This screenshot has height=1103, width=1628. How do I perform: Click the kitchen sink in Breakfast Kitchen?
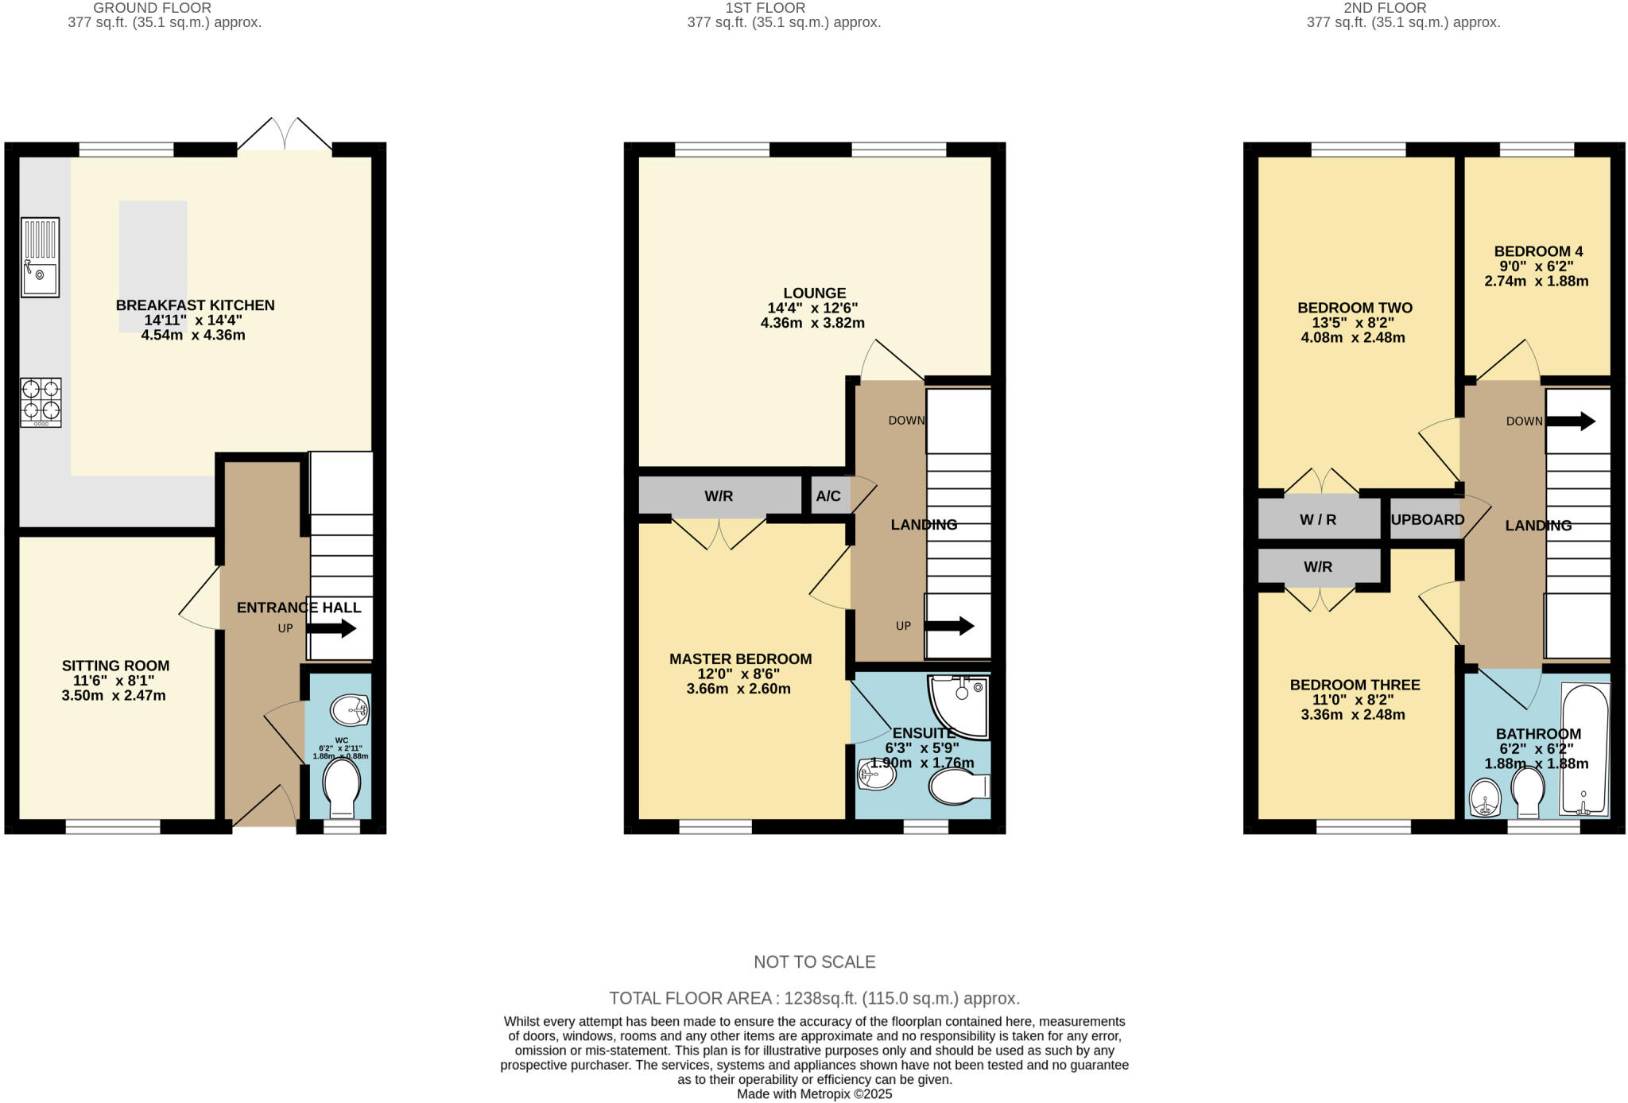(x=40, y=257)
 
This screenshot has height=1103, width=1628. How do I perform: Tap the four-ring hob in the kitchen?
(x=41, y=402)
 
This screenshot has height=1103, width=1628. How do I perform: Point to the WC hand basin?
(x=350, y=709)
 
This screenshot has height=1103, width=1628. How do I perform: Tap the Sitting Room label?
(x=116, y=666)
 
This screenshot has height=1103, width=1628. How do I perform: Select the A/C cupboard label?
(x=828, y=496)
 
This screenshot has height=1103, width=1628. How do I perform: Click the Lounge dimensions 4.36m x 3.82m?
(x=812, y=323)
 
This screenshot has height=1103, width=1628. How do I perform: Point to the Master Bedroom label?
(x=740, y=658)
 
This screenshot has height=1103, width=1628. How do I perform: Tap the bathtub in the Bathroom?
(x=1585, y=749)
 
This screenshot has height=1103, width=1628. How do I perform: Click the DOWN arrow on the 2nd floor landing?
(x=1571, y=421)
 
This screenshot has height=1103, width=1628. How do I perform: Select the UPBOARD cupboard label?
(x=1427, y=519)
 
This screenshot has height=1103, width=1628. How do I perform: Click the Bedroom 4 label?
(x=1537, y=251)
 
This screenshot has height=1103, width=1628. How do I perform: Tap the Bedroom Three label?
(x=1355, y=685)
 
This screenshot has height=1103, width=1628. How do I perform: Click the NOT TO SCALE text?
(x=814, y=961)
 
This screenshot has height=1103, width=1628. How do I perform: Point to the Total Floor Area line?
(x=814, y=998)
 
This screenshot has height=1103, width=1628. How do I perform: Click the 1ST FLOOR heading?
(x=765, y=8)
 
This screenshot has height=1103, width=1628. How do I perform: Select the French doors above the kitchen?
(x=285, y=135)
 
